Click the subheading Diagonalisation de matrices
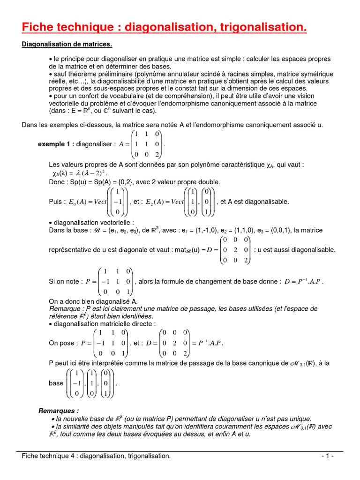tap(67, 45)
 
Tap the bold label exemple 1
tap(55, 144)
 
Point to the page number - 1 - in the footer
tap(327, 456)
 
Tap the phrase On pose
tap(62, 343)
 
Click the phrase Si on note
tap(64, 282)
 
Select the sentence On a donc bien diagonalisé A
tap(93, 301)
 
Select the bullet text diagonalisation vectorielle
tap(94, 222)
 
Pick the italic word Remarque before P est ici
tap(65, 309)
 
